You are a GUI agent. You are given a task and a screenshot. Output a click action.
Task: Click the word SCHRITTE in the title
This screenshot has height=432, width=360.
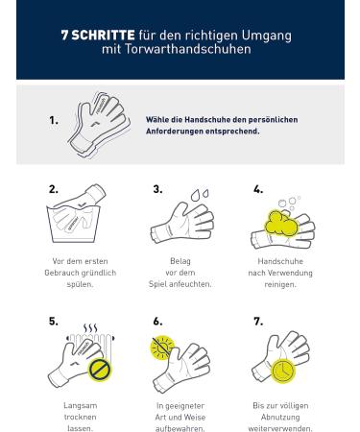coord(103,35)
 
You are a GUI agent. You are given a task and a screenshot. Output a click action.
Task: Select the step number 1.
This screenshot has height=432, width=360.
coord(54,120)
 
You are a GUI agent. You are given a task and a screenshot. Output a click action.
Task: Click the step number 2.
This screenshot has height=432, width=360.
coord(54,189)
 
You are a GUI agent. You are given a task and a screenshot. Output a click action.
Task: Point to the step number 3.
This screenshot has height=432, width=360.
coord(157,189)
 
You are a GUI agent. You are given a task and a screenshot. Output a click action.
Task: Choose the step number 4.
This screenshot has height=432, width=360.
coord(258,189)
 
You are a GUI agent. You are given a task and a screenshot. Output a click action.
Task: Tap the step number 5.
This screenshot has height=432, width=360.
coord(54,321)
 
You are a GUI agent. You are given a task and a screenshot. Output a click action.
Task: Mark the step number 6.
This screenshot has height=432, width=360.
coord(157,321)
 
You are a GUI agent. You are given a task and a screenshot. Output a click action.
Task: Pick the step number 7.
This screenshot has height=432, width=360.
coord(258,321)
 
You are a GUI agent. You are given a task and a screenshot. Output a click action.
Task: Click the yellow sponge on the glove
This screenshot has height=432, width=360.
coord(280,223)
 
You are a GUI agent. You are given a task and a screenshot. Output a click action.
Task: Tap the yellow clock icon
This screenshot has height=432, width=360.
coord(283,371)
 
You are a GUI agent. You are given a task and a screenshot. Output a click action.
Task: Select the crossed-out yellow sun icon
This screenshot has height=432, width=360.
coord(162,348)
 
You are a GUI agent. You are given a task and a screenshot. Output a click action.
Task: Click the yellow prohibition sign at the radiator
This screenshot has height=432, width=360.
coord(100,370)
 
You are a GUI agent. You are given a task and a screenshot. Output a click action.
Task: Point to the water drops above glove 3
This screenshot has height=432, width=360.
coord(200,195)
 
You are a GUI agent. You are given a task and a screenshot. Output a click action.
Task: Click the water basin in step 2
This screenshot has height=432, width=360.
coord(73,224)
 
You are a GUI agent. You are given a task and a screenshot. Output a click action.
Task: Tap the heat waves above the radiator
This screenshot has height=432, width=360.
coord(90,328)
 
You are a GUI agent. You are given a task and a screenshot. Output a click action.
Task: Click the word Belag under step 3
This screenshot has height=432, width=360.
coord(180,261)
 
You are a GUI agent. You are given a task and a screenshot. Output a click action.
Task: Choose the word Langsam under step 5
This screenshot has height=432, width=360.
coord(80,405)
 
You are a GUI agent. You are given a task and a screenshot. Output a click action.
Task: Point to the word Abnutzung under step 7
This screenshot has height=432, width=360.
coord(280,418)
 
